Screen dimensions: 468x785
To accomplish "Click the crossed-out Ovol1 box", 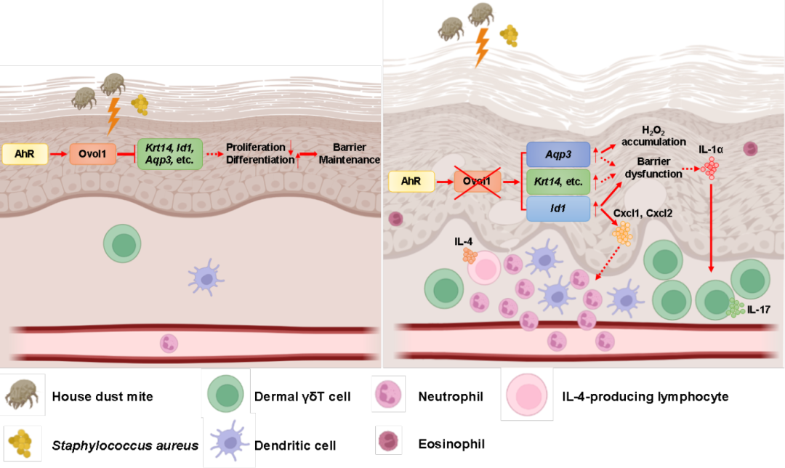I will point(478,182).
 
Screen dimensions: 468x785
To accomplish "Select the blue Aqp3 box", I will point(558,153).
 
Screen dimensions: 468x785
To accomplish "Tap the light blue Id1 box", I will point(558,209).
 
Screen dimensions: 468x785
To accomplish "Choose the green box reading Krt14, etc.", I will point(558,181).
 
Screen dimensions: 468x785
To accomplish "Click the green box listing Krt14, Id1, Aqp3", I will point(170,153).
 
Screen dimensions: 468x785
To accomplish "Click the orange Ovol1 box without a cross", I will point(93,153).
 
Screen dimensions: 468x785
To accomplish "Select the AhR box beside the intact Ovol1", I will point(25,153).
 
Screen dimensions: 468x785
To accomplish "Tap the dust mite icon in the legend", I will point(23,395).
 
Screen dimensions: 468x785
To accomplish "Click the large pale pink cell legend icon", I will point(527,394).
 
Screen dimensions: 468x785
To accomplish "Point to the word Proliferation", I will point(255,148).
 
